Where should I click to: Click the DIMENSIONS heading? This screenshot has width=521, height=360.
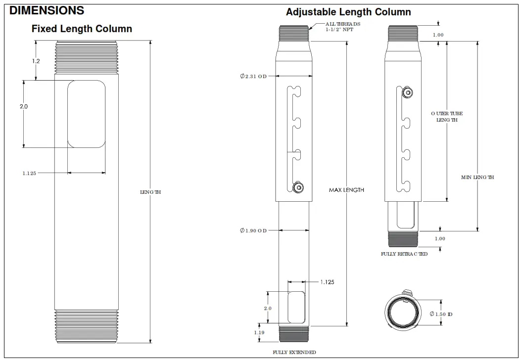pos(47,10)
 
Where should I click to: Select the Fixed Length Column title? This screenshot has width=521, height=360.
pos(82,29)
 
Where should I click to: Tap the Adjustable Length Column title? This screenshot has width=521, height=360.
pos(348,12)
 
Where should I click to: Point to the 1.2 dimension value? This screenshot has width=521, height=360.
pos(36,61)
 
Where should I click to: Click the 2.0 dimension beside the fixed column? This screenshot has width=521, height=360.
pos(23,106)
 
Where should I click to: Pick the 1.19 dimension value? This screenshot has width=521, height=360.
pos(259,333)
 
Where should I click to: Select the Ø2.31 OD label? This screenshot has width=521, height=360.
pos(253,76)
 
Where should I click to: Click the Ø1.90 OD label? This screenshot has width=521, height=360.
pos(253,230)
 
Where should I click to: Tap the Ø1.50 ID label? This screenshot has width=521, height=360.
pos(441,314)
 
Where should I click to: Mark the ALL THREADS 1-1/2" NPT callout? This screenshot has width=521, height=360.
pos(343,27)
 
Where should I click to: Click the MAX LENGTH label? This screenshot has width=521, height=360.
pos(346,190)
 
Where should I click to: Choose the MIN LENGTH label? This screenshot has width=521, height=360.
pos(477,177)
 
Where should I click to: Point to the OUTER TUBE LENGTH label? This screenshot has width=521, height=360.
pos(447,117)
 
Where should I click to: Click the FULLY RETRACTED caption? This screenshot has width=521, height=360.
pos(404,254)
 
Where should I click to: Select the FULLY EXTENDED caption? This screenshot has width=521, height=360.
pos(294,352)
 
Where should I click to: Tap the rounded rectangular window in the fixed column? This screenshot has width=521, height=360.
pos(87,114)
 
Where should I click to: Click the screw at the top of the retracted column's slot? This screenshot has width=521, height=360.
pos(407,92)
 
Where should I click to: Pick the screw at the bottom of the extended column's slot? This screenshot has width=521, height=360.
pos(298,187)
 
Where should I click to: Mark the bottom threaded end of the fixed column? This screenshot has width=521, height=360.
pos(87,326)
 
